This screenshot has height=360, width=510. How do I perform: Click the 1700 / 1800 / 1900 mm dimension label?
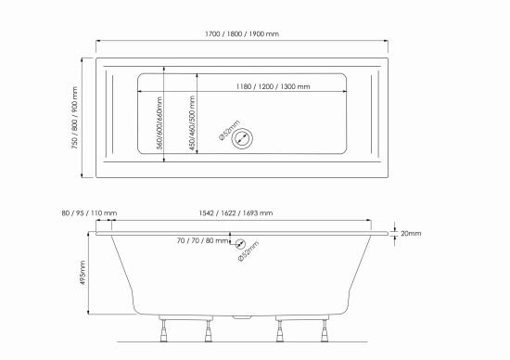tap(242, 33)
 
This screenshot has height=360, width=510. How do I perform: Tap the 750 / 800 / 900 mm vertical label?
tap(75, 118)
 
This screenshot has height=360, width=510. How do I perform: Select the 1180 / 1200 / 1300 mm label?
tap(273, 86)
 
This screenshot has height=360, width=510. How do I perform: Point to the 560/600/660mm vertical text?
tap(159, 123)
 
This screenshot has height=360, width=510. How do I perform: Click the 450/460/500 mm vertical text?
tap(192, 123)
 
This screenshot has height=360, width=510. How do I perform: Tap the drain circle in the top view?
tap(242, 138)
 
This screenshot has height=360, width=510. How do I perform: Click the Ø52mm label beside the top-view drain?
tap(230, 130)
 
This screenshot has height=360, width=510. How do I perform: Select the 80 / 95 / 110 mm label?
tap(89, 213)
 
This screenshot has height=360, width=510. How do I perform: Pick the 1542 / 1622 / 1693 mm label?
tap(236, 213)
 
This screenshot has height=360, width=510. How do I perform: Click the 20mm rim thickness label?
tap(411, 234)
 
